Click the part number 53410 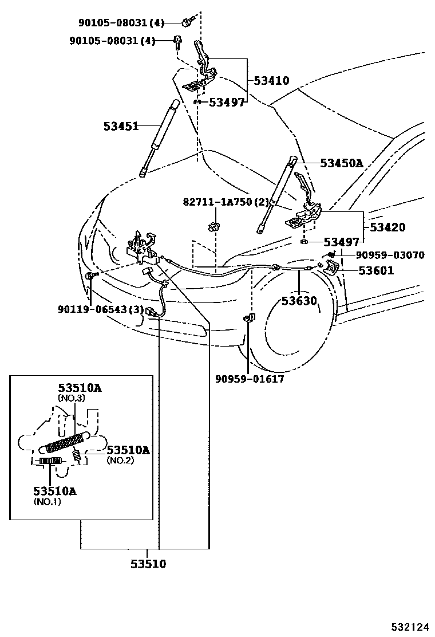(271, 81)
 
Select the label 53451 (121, 126)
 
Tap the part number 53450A (341, 163)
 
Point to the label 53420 (387, 227)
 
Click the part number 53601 (376, 270)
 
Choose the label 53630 (298, 300)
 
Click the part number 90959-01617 (249, 379)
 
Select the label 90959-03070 (390, 255)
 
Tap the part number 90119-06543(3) (100, 309)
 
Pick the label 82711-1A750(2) (226, 202)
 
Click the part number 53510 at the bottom (148, 564)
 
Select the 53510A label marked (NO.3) (80, 388)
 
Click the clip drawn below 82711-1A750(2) (213, 225)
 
